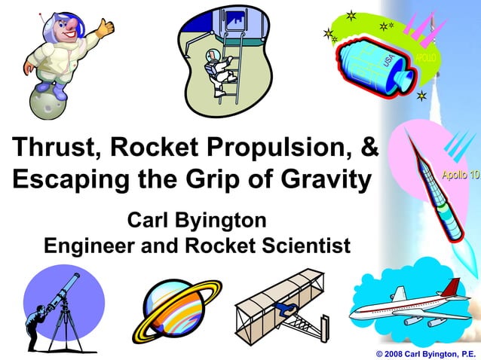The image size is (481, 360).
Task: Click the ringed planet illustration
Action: pos(177,307)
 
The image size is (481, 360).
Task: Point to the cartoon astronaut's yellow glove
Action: pos(105,28)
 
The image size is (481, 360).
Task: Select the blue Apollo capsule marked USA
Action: pos(375,64)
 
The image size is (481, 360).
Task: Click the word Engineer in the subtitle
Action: pos(97,246)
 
